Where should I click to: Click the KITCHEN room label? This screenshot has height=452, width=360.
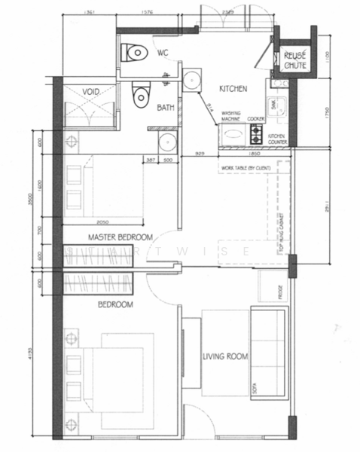pos(233,89)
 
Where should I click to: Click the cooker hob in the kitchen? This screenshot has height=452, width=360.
pos(256,135)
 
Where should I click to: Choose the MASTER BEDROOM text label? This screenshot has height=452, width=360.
pos(121,237)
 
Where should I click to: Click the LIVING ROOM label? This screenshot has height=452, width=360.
pos(226,356)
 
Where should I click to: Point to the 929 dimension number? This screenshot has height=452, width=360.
pos(200,154)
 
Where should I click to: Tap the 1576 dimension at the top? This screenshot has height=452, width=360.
pos(148,13)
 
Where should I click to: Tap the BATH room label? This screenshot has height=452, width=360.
pos(166,108)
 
